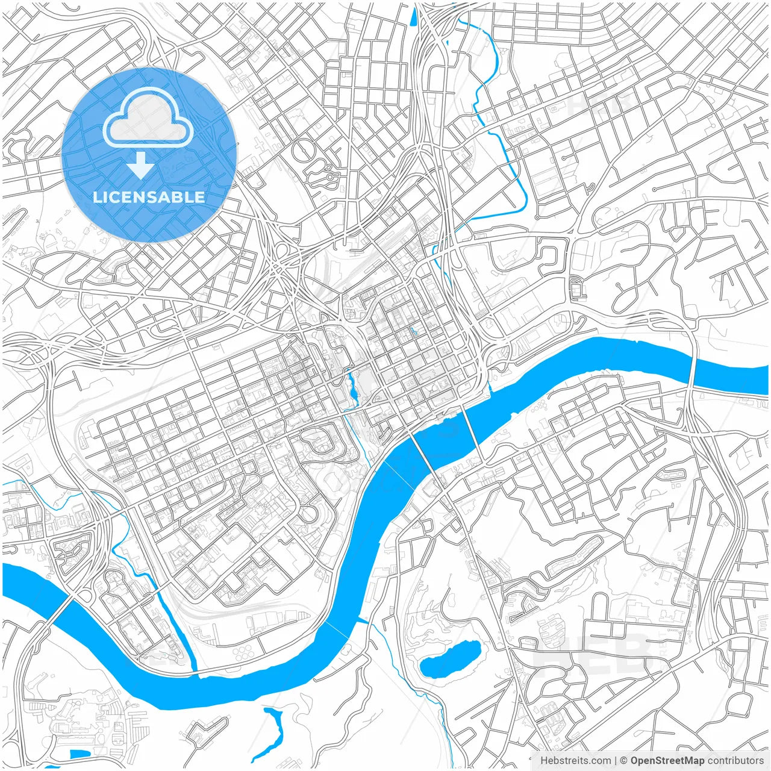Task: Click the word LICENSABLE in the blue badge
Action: (x=149, y=197)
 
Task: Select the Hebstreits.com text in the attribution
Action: (x=575, y=761)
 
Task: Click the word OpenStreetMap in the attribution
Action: (x=667, y=761)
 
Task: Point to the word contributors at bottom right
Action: (x=735, y=761)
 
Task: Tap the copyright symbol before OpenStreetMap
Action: (x=624, y=761)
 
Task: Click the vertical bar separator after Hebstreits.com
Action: (x=615, y=761)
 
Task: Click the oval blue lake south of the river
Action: (x=450, y=659)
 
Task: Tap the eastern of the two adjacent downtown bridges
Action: (x=472, y=433)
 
